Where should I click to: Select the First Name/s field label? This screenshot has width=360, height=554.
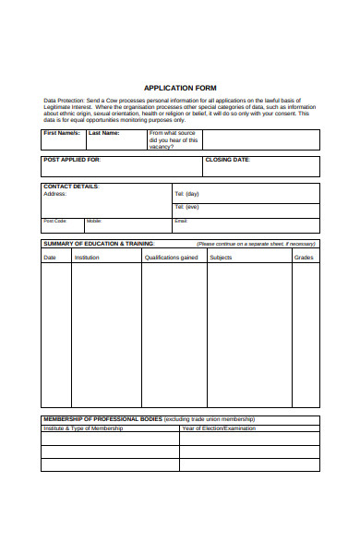[x=62, y=133]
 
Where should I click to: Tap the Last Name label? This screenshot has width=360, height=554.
[x=103, y=133]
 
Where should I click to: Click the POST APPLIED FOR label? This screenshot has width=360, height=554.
[x=73, y=160]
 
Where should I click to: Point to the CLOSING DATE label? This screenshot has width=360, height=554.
[x=227, y=160]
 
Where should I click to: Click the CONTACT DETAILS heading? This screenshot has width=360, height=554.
[x=71, y=187]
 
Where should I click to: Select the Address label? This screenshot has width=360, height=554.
[x=55, y=194]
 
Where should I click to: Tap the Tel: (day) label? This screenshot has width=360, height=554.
[x=186, y=194]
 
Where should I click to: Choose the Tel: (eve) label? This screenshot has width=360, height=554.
[x=186, y=207]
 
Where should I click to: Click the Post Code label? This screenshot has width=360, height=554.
[x=55, y=221]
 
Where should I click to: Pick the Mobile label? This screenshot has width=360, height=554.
[x=94, y=221]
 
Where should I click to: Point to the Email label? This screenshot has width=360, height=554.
[x=181, y=221]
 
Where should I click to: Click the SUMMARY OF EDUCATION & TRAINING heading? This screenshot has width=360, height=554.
[x=99, y=243]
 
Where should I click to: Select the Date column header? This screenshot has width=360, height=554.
[x=50, y=258]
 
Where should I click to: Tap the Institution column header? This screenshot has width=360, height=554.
[x=87, y=258]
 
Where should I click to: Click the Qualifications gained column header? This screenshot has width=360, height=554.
[x=171, y=258]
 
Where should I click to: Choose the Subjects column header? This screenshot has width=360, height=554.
[x=221, y=258]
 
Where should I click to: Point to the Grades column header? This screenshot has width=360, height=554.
[x=304, y=258]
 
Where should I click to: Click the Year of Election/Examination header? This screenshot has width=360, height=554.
[x=219, y=428]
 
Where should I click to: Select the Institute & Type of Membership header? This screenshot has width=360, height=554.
[x=83, y=428]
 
